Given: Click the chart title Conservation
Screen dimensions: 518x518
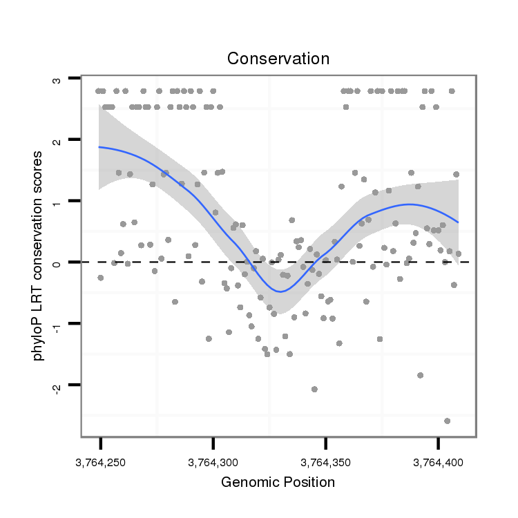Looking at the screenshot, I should pos(278,59).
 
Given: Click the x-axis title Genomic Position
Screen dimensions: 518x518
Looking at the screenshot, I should pos(278,482).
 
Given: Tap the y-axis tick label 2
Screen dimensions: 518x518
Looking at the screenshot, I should pos(57,140).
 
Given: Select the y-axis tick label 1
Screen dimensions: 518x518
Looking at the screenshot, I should pos(57,201).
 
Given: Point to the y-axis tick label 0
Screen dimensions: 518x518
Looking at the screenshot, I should pos(57,262).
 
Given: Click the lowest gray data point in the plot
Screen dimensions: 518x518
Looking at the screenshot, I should pos(447,421).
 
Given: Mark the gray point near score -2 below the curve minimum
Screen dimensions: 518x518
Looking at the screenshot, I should pos(314,389).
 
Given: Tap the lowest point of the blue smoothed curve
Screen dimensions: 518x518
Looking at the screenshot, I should pos(280,291).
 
